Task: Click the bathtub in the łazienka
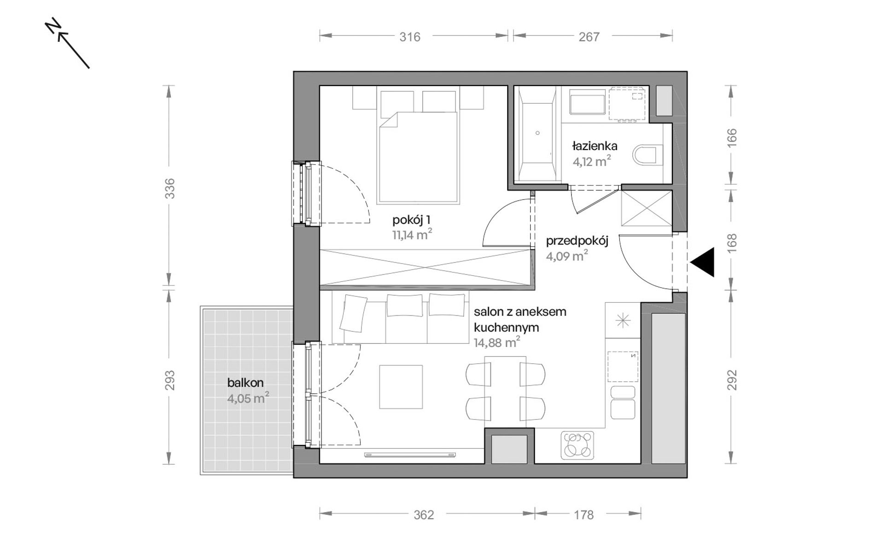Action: [537, 134]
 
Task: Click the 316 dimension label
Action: [410, 37]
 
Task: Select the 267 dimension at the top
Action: [589, 37]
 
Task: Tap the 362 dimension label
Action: [424, 514]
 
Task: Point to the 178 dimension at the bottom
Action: [584, 514]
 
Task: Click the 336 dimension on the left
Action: [170, 188]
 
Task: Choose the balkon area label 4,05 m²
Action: [248, 398]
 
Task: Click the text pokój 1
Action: [411, 219]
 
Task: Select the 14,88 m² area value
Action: [497, 342]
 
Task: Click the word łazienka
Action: [595, 146]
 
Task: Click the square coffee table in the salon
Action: [401, 387]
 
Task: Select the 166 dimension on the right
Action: [732, 138]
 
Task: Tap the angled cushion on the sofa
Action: [353, 313]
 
